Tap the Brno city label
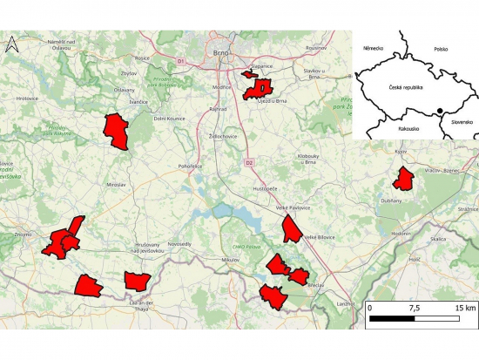click(221, 53)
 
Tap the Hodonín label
click(401, 234)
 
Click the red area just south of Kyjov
click(403, 179)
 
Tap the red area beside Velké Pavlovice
click(291, 228)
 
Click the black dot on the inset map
click(440, 111)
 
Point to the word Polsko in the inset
click(441, 49)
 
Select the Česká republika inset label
click(405, 87)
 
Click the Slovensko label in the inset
click(461, 122)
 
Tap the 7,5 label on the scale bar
click(414, 309)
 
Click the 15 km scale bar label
click(463, 309)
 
